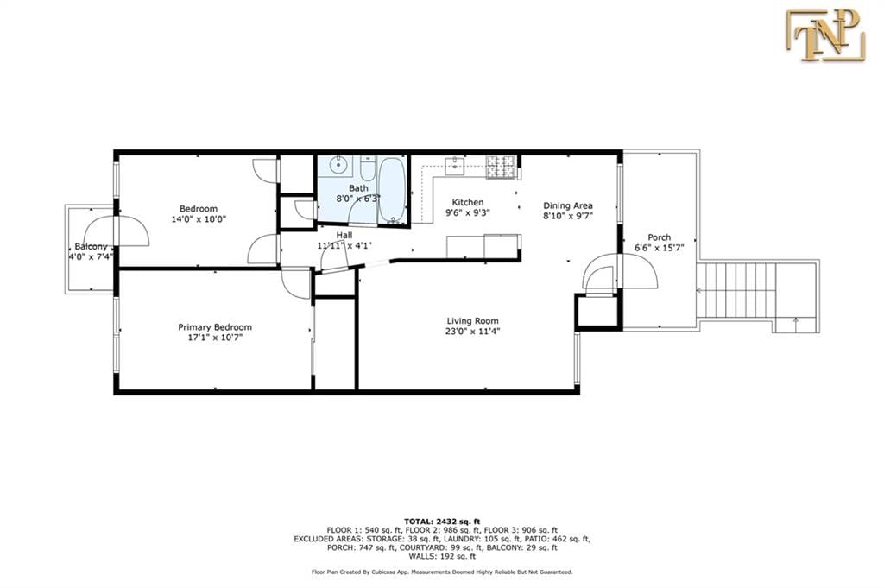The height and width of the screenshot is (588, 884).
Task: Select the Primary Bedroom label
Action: (215, 327)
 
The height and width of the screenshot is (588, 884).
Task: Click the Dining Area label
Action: (567, 205)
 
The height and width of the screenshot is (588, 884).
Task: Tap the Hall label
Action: (344, 234)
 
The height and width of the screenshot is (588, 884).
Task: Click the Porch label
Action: (659, 237)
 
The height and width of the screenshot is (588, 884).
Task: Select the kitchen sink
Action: (455, 163)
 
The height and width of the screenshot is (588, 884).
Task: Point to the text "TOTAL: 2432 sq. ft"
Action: (441, 521)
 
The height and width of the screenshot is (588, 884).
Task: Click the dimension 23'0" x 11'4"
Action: (473, 330)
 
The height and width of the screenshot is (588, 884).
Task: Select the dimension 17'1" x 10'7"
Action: (215, 338)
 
